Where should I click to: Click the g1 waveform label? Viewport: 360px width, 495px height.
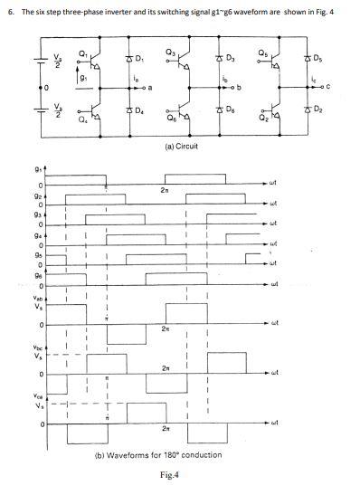click(37, 168)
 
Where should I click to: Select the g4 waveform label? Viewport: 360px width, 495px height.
click(37, 233)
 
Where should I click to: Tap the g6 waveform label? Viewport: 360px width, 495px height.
click(37, 278)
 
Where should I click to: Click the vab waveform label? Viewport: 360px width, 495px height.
click(36, 298)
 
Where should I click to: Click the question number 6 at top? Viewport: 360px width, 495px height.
click(8, 10)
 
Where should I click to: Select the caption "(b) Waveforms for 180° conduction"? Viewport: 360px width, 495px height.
click(158, 454)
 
